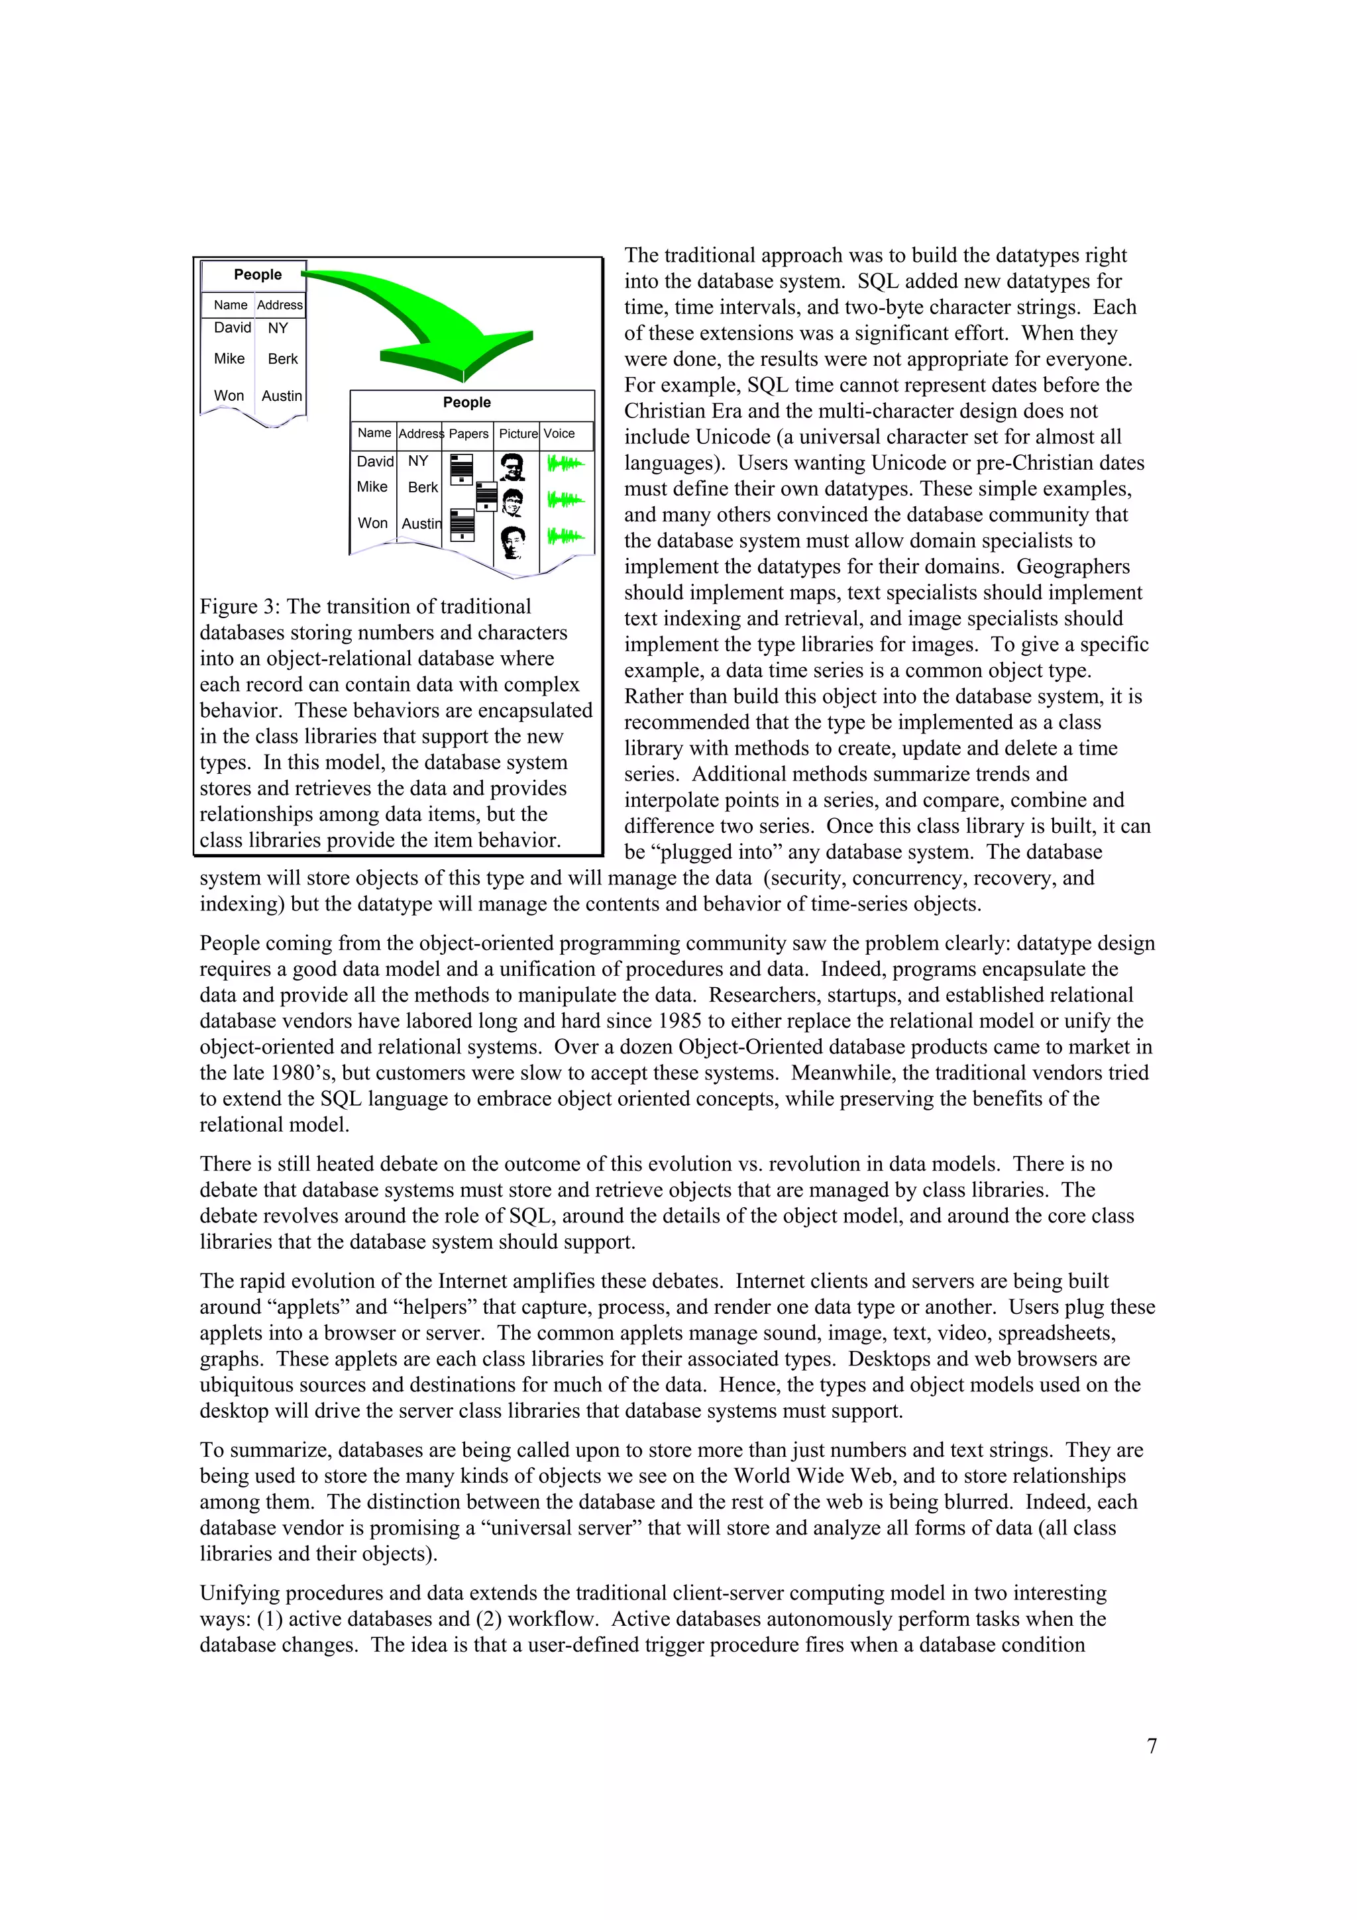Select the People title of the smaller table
(x=258, y=274)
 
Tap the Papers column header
(x=468, y=433)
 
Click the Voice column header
(x=559, y=433)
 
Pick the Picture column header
(x=517, y=433)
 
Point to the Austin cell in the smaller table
(x=282, y=396)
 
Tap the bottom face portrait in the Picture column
(x=513, y=541)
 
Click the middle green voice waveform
(x=565, y=500)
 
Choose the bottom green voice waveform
(x=565, y=536)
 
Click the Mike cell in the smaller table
(x=229, y=358)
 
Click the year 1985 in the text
(x=679, y=1021)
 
